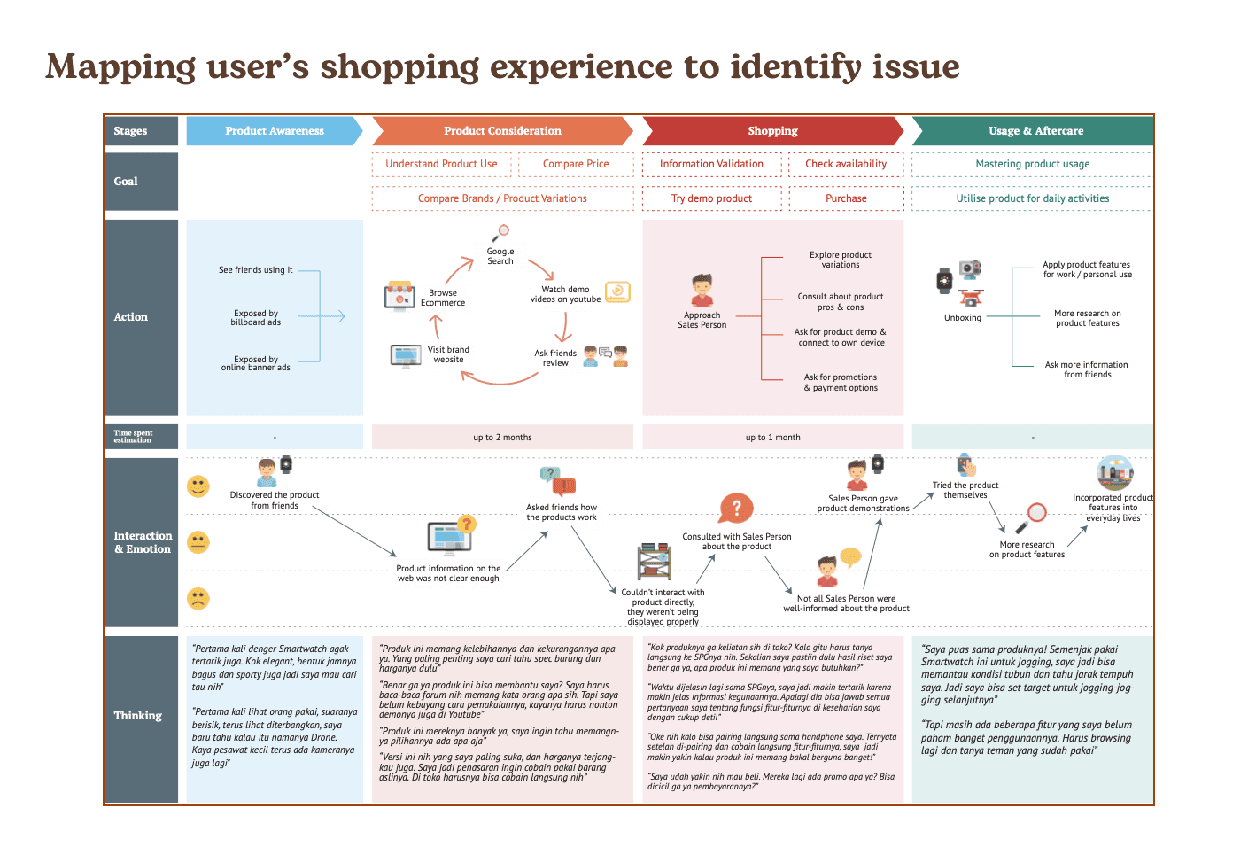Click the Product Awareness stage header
pos(274,131)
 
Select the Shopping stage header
pos(771,131)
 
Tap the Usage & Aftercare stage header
pos(1035,131)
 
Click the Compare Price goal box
pos(576,164)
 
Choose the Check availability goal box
pos(846,164)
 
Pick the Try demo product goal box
pos(711,198)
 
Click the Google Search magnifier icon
pos(501,232)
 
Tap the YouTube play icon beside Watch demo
pos(617,291)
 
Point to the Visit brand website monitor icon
pos(406,356)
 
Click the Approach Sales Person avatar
pos(702,290)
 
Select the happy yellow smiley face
pos(198,486)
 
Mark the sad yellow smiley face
pos(198,598)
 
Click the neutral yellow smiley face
pos(198,542)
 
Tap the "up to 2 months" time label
pos(502,438)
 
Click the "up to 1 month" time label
pos(772,438)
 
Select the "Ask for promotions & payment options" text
pos(841,383)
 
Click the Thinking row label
pos(138,716)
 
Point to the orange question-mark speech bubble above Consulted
pos(736,509)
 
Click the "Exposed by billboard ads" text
pos(256,318)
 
